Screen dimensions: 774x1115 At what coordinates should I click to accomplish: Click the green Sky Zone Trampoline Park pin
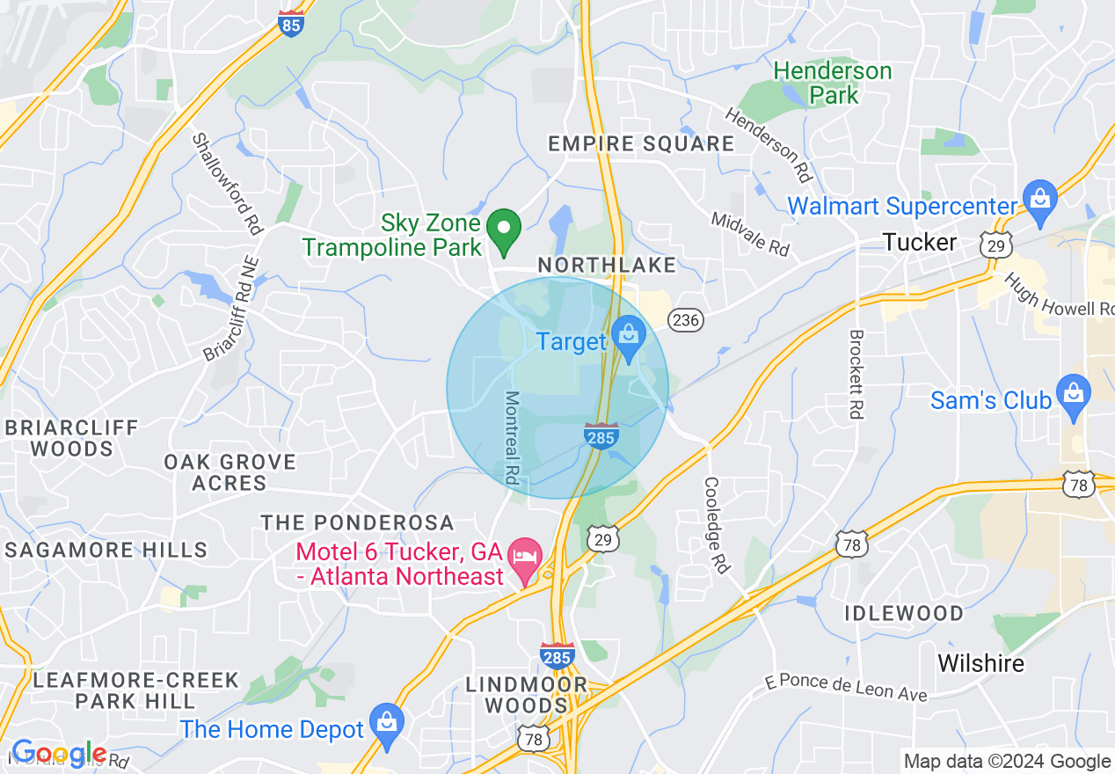(504, 230)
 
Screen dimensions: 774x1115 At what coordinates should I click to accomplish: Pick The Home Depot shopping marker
(386, 722)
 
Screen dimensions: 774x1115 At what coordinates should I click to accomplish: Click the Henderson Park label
(832, 83)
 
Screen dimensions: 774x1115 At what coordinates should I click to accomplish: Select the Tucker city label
(919, 242)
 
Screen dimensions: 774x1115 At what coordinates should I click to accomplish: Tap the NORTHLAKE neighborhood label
(607, 265)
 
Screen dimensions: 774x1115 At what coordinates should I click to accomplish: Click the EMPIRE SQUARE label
(641, 143)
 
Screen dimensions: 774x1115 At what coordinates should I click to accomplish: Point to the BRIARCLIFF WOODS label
(71, 438)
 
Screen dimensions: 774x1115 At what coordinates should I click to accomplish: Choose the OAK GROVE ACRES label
(230, 472)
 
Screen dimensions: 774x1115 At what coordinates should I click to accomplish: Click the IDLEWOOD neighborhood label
(904, 613)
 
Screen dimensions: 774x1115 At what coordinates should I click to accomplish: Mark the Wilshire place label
(980, 662)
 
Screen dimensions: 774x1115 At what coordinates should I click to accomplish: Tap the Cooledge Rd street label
(716, 525)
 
